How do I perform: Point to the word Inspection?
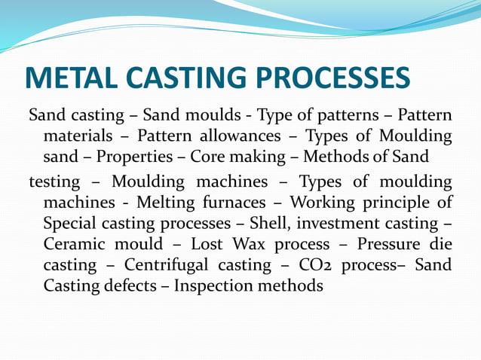pos(219,286)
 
